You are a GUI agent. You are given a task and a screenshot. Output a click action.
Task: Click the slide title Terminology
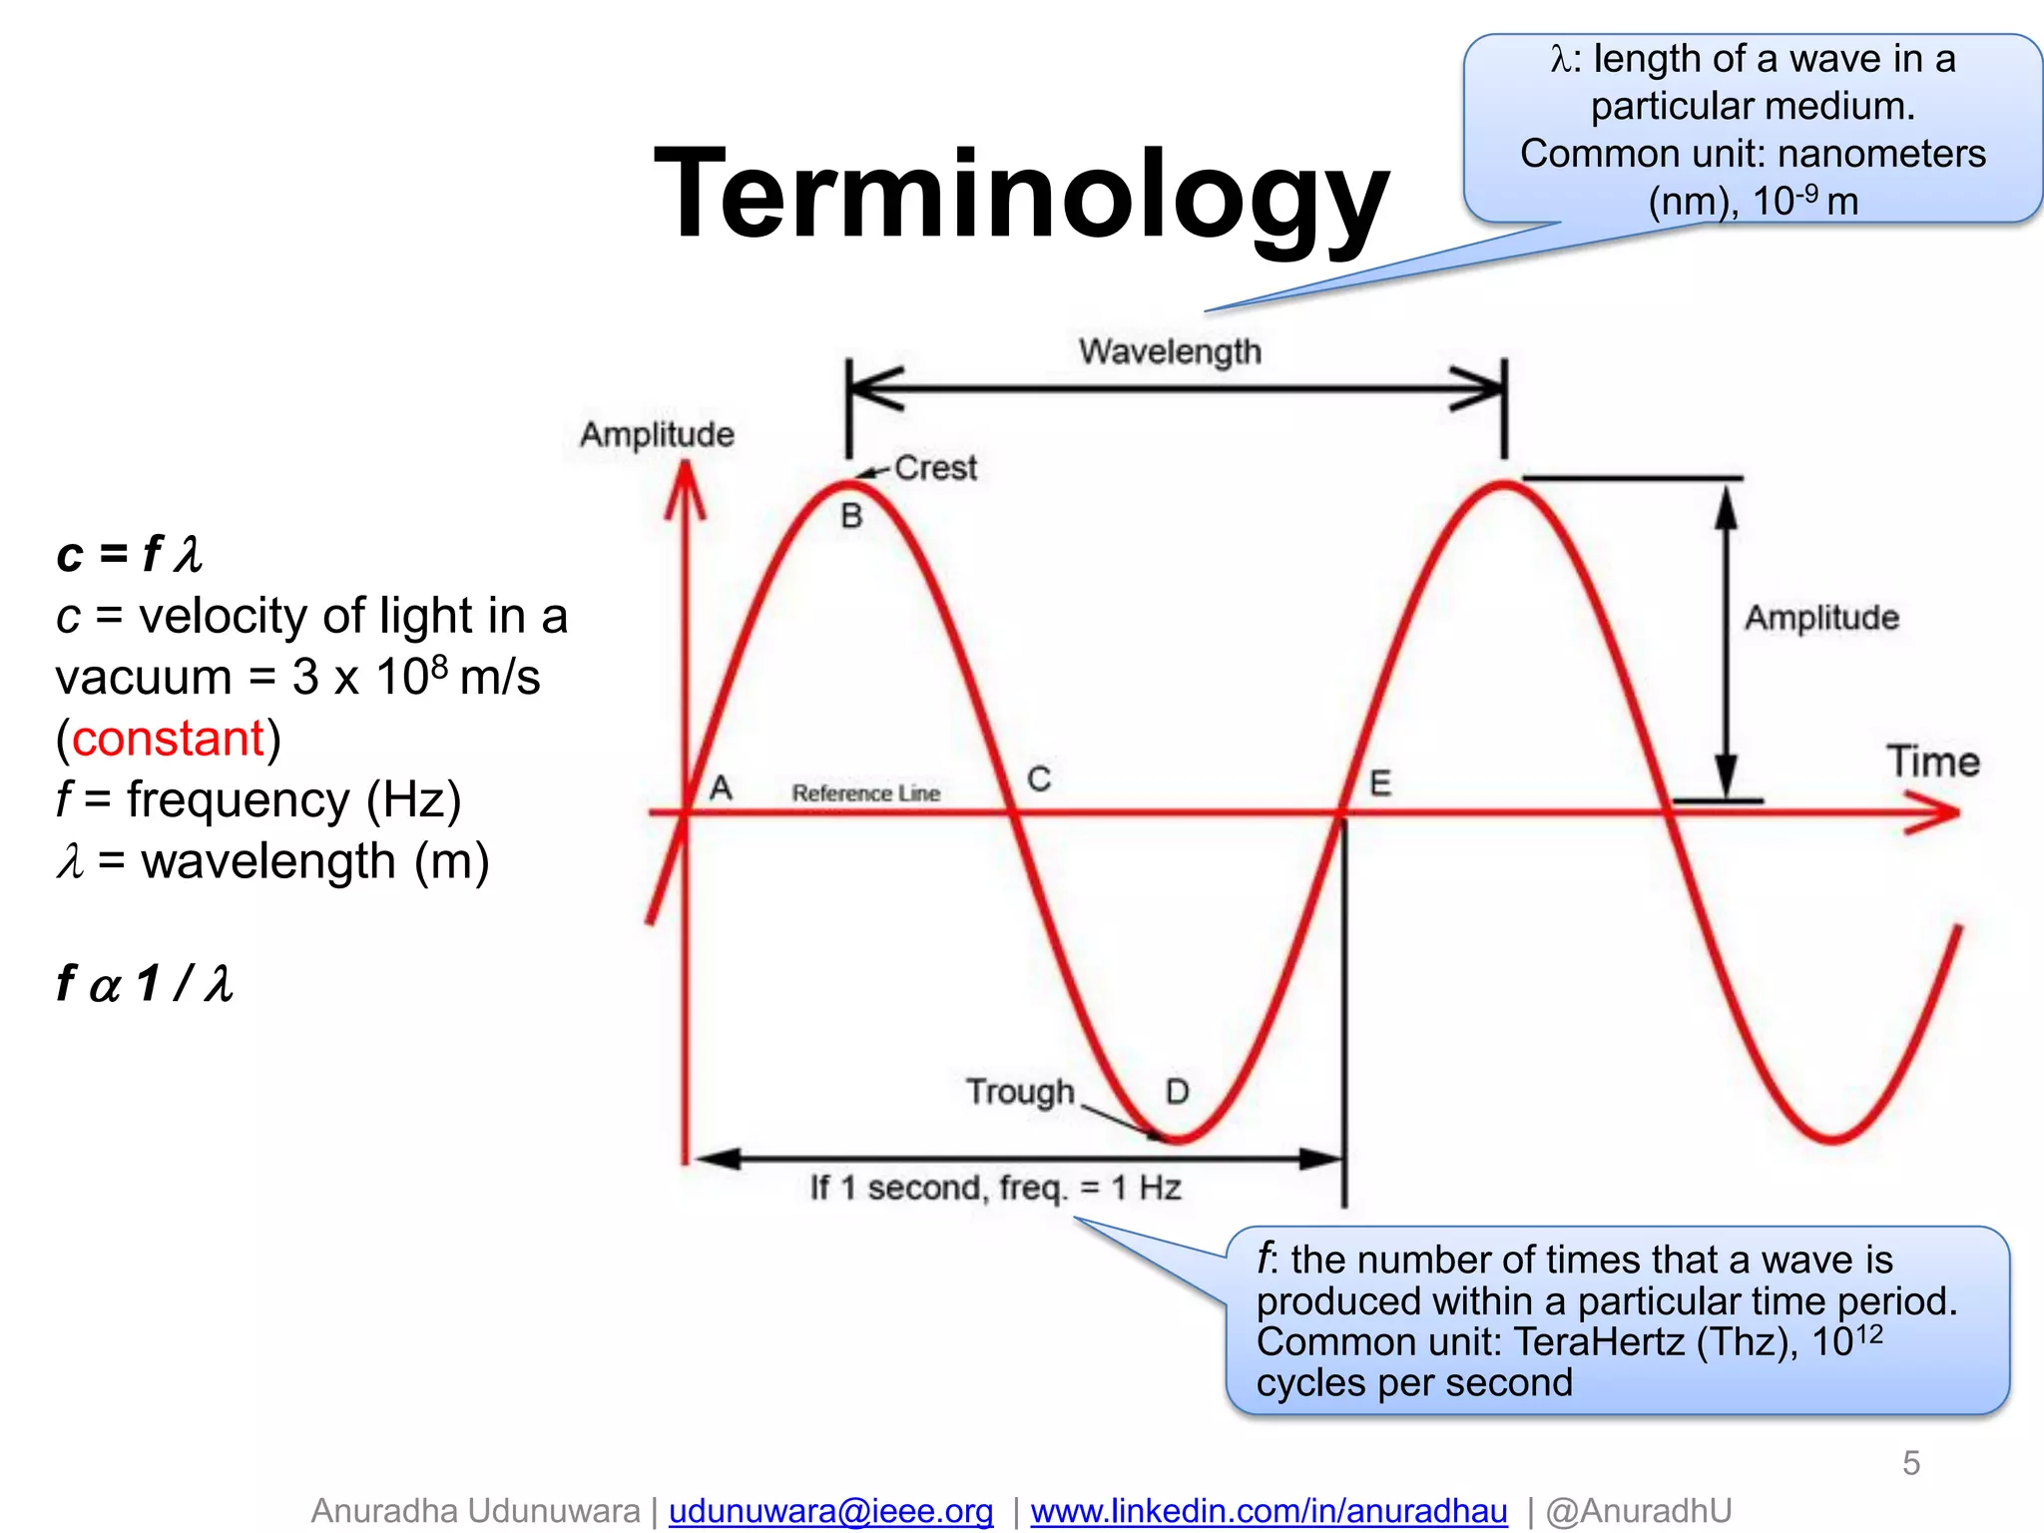(x=1020, y=195)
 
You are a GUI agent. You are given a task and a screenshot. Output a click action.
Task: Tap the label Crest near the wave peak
(x=935, y=468)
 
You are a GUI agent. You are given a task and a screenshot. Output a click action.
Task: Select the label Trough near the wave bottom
(x=1020, y=1092)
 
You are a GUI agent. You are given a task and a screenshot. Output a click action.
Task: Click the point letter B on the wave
(x=851, y=516)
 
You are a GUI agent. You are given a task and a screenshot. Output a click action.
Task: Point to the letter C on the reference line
(x=1039, y=779)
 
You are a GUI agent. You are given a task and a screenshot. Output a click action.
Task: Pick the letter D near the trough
(x=1178, y=1092)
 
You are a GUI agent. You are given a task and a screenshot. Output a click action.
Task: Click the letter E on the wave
(x=1380, y=783)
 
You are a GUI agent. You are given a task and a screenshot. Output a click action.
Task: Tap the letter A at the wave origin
(x=721, y=788)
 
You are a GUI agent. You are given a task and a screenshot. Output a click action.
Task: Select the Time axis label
(x=1932, y=763)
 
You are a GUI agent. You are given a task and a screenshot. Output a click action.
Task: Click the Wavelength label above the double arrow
(x=1170, y=351)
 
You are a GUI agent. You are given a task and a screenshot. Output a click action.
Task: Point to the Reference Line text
(x=865, y=793)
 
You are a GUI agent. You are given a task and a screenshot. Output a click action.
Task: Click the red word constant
(x=168, y=739)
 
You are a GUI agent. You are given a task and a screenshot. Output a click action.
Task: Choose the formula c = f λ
(x=130, y=555)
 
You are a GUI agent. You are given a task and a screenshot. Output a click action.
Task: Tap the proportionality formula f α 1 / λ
(x=146, y=984)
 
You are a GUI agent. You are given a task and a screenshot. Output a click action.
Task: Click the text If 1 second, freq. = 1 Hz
(x=995, y=1188)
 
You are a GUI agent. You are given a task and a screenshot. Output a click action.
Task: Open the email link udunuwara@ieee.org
(x=830, y=1511)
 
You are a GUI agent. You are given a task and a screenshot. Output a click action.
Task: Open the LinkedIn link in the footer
(x=1269, y=1511)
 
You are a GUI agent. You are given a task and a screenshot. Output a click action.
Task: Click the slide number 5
(x=1910, y=1463)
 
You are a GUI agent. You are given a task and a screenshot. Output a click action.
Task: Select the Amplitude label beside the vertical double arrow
(x=1821, y=618)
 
